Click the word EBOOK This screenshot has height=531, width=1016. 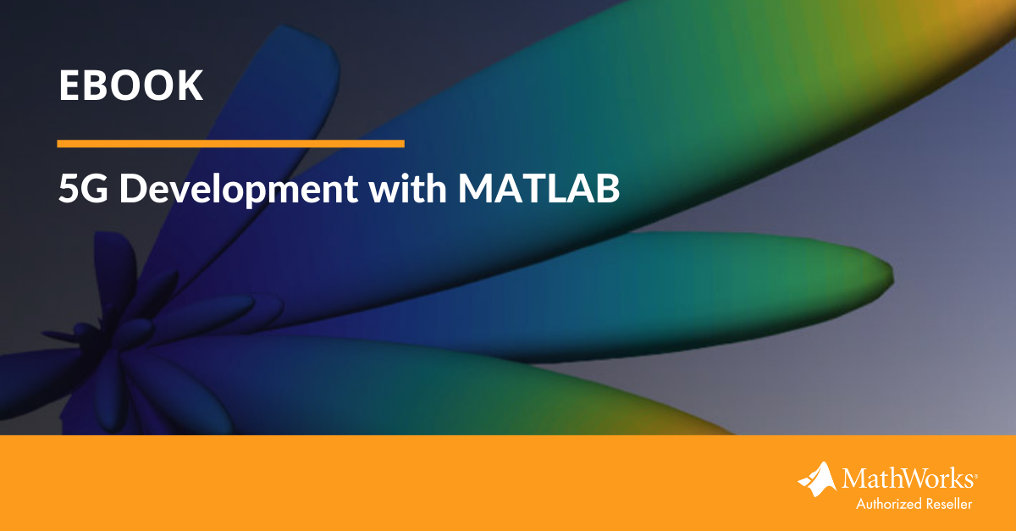[130, 86]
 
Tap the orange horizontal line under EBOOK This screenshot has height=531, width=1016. [230, 144]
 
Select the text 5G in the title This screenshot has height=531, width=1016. [84, 188]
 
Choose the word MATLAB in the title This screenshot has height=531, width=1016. [538, 188]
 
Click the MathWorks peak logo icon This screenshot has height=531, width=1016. [817, 479]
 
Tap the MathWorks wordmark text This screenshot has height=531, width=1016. [909, 478]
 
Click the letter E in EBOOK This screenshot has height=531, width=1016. [69, 86]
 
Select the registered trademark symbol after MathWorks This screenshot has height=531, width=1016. [975, 477]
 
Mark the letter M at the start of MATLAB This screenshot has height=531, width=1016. [474, 188]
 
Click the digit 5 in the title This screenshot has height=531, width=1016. [69, 189]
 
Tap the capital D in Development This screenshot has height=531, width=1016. [133, 188]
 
